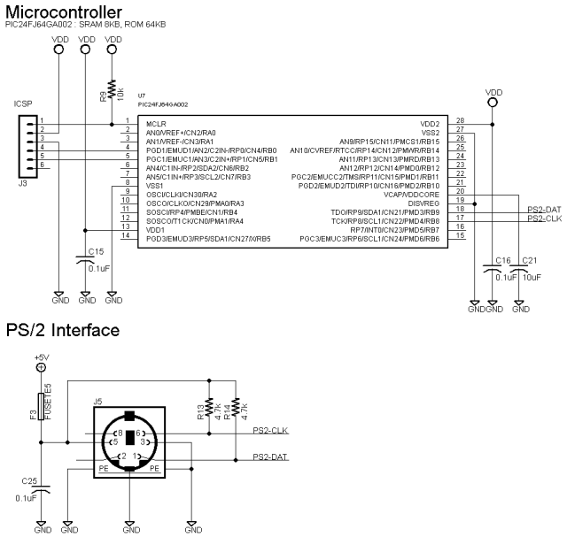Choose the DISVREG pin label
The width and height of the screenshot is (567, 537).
(x=423, y=203)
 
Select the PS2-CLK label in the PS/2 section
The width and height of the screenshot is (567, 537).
(x=271, y=431)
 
